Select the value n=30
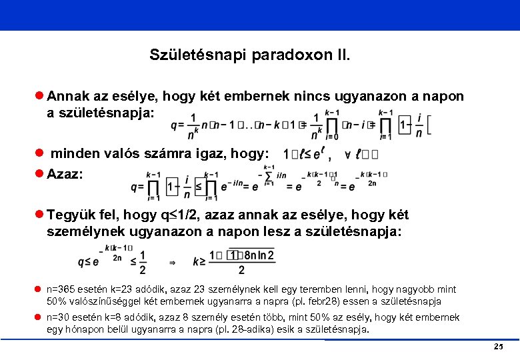click(x=59, y=317)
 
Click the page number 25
click(x=497, y=347)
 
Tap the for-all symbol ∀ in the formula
click(x=348, y=154)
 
